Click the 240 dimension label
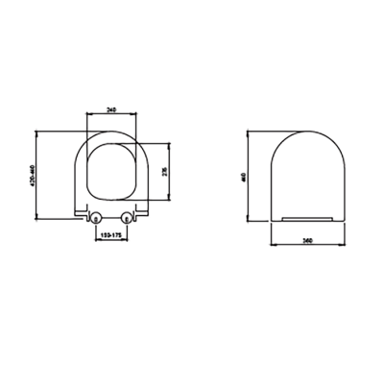112,109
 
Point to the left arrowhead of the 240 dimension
88,114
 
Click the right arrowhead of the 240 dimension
138,114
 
